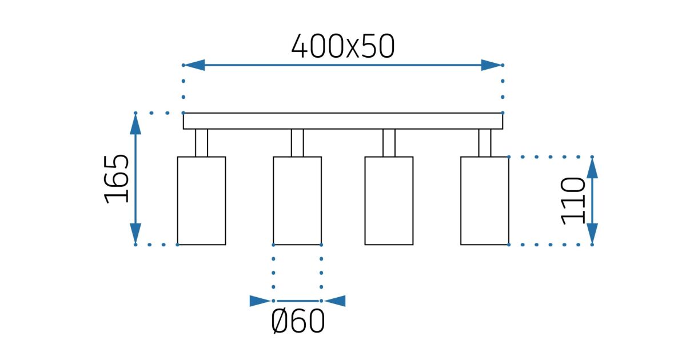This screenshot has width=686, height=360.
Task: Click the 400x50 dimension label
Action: pyautogui.click(x=342, y=47)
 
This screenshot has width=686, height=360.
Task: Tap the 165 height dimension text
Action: pyautogui.click(x=117, y=178)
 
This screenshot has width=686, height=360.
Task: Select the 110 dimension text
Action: pyautogui.click(x=573, y=201)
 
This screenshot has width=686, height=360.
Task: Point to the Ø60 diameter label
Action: pyautogui.click(x=297, y=322)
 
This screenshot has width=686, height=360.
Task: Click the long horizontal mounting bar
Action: pyautogui.click(x=343, y=121)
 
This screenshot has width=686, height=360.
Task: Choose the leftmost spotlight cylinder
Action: pyautogui.click(x=201, y=201)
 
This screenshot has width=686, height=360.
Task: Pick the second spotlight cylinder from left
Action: pyautogui.click(x=297, y=201)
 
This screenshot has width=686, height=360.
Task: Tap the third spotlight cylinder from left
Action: pyautogui.click(x=389, y=201)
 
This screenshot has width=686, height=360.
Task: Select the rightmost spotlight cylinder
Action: pyautogui.click(x=484, y=201)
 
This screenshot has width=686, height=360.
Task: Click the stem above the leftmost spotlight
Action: pyautogui.click(x=201, y=143)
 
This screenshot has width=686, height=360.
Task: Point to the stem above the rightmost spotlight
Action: pyautogui.click(x=484, y=143)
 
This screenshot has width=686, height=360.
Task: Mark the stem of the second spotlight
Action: pyautogui.click(x=297, y=143)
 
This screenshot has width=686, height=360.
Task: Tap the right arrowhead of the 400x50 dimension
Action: pyautogui.click(x=491, y=65)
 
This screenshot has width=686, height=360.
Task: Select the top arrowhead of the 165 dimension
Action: pyautogui.click(x=135, y=123)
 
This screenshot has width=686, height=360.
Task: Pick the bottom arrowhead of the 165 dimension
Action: pyautogui.click(x=135, y=234)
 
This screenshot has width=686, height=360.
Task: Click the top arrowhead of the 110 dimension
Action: pyautogui.click(x=592, y=167)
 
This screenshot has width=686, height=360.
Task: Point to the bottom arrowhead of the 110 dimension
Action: pyautogui.click(x=592, y=234)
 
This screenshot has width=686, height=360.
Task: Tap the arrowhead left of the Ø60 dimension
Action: pyautogui.click(x=260, y=301)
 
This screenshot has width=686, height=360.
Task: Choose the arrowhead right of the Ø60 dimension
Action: pyautogui.click(x=336, y=301)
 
